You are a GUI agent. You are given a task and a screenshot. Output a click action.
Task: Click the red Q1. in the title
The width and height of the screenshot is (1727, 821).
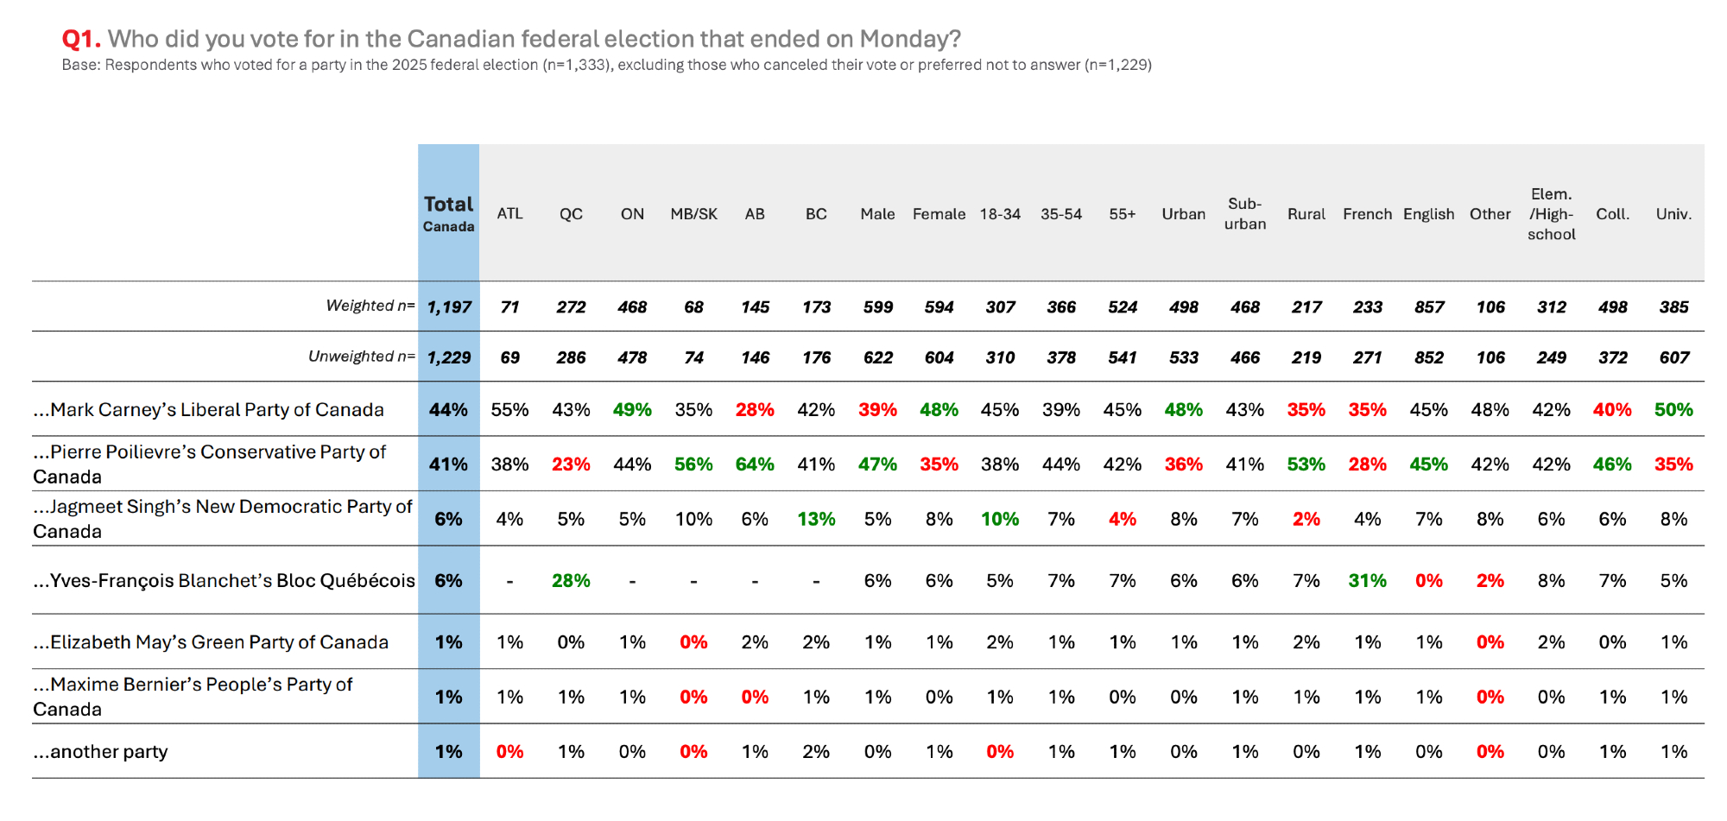81,39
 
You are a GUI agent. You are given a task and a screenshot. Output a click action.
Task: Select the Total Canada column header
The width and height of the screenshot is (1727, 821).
448,213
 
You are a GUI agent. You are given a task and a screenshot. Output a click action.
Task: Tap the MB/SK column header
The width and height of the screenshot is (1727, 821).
693,214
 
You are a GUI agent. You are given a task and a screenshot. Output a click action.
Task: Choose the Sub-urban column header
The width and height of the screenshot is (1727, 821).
1244,213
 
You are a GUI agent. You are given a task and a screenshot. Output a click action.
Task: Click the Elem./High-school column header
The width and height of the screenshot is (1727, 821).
1551,214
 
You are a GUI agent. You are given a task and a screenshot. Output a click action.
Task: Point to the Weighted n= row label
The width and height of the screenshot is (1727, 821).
370,306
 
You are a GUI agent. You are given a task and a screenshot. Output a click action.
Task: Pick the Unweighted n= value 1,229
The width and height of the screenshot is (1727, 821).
449,357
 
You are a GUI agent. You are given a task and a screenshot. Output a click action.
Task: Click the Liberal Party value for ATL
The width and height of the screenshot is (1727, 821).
509,410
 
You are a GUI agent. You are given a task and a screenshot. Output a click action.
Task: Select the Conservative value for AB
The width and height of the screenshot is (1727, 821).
755,464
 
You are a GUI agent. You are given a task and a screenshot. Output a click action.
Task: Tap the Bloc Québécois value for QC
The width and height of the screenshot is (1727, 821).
571,581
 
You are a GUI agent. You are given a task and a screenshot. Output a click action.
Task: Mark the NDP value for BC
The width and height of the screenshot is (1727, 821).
816,519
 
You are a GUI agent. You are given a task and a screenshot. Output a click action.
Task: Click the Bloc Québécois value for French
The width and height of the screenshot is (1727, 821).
1367,581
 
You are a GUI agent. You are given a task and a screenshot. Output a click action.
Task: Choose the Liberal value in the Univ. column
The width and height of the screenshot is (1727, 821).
1673,410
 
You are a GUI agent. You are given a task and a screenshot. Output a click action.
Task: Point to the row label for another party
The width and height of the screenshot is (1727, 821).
101,752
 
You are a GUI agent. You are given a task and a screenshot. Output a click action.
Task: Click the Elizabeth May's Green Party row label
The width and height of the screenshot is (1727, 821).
211,642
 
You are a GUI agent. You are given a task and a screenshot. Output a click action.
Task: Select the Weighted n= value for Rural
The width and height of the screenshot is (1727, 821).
1306,307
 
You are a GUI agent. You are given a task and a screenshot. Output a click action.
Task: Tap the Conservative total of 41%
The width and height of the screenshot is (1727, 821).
448,464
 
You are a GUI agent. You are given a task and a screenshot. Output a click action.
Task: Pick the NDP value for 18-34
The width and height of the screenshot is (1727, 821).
1000,519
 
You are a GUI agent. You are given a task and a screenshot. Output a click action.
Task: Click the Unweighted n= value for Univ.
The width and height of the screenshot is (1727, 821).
1673,357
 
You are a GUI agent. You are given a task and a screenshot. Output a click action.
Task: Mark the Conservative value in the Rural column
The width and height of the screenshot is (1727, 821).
1306,464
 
